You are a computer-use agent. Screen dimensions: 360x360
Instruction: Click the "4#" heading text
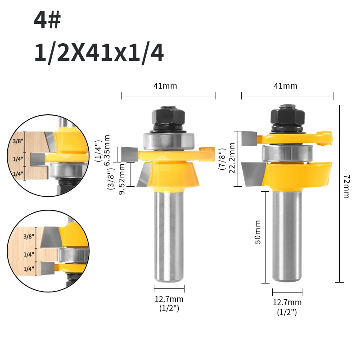(47, 20)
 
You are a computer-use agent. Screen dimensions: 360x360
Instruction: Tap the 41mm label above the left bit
(165, 86)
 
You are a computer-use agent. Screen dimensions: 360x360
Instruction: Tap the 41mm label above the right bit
(285, 86)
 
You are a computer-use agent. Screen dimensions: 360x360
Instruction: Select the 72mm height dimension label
(346, 186)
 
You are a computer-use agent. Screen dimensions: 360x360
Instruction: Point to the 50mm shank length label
(258, 232)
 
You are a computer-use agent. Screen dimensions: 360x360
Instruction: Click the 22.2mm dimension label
(232, 158)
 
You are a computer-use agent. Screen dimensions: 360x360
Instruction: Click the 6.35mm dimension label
(107, 149)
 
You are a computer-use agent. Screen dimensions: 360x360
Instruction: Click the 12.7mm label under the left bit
(169, 299)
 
